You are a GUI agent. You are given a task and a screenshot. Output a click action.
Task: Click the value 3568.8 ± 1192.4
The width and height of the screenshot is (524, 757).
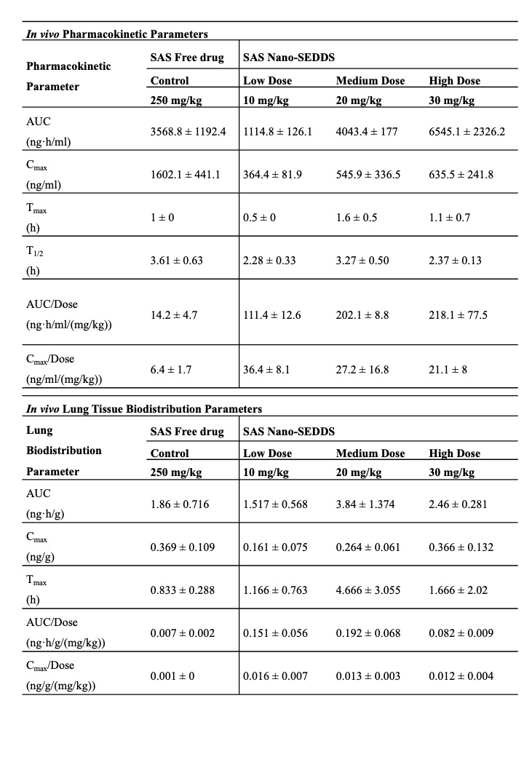click(188, 132)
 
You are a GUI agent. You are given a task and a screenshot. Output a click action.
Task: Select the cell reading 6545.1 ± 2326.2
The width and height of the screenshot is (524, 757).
click(467, 132)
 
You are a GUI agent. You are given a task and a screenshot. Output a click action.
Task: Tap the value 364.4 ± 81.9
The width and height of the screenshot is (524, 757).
click(272, 175)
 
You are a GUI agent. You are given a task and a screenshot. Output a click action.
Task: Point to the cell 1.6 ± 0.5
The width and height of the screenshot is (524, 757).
click(356, 218)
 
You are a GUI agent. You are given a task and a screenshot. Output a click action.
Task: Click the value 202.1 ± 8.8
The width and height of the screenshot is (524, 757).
click(362, 315)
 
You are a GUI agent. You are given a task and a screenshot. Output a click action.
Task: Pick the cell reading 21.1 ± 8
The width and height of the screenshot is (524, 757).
click(448, 370)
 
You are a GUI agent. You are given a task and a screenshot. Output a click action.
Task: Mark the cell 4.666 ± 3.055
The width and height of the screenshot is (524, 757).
click(368, 590)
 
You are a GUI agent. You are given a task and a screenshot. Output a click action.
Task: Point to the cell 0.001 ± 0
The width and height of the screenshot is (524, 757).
click(173, 676)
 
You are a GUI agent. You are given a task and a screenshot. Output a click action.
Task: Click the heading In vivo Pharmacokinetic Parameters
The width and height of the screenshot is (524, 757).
click(116, 33)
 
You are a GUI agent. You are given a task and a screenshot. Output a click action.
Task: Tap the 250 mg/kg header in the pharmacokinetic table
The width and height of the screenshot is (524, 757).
click(175, 100)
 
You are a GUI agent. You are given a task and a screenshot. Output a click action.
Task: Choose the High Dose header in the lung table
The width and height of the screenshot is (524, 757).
click(454, 453)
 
